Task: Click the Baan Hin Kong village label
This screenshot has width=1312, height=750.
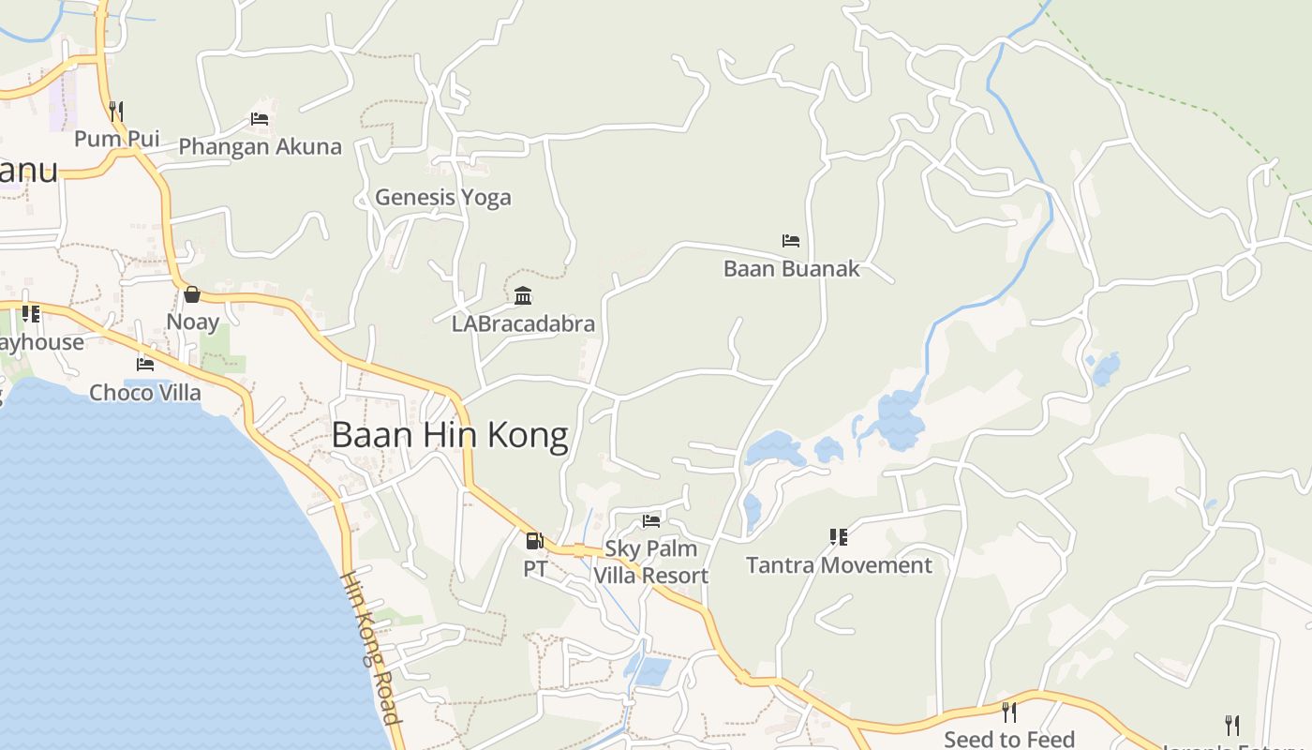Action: [450, 436]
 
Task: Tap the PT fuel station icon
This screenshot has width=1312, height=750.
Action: [534, 540]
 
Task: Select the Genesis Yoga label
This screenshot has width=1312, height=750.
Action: [443, 197]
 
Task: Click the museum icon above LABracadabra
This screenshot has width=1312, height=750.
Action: [523, 296]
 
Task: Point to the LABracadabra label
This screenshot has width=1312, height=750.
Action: [523, 324]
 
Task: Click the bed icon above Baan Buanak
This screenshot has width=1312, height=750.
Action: [791, 241]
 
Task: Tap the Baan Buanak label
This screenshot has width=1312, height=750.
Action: [791, 269]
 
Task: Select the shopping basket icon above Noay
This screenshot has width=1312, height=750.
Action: [192, 294]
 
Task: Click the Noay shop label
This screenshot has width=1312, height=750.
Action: [192, 322]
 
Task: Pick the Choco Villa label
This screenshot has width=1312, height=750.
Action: [145, 392]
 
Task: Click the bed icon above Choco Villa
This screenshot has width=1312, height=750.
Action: [145, 364]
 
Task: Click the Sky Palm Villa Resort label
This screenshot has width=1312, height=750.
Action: [651, 562]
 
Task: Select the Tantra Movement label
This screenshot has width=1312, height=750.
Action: [839, 565]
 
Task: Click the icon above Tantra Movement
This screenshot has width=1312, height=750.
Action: [839, 537]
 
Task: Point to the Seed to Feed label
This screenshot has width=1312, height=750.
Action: [1009, 740]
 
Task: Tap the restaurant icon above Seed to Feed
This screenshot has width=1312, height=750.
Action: [1008, 712]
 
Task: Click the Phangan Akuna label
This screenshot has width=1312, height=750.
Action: [260, 147]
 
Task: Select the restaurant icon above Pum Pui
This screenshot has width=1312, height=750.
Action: [116, 112]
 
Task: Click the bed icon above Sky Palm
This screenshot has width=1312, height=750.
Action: [651, 520]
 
